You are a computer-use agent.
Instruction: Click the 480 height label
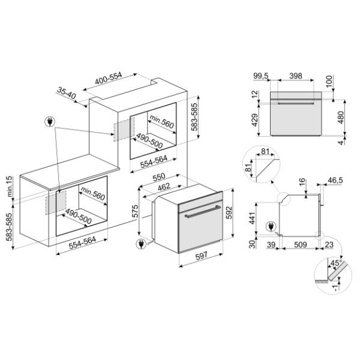click(x=341, y=116)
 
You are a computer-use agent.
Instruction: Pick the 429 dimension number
click(x=254, y=122)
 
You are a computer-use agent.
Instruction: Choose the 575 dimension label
click(x=136, y=211)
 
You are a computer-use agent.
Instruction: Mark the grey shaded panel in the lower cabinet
click(x=56, y=202)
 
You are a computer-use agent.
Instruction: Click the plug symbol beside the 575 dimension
click(x=142, y=244)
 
